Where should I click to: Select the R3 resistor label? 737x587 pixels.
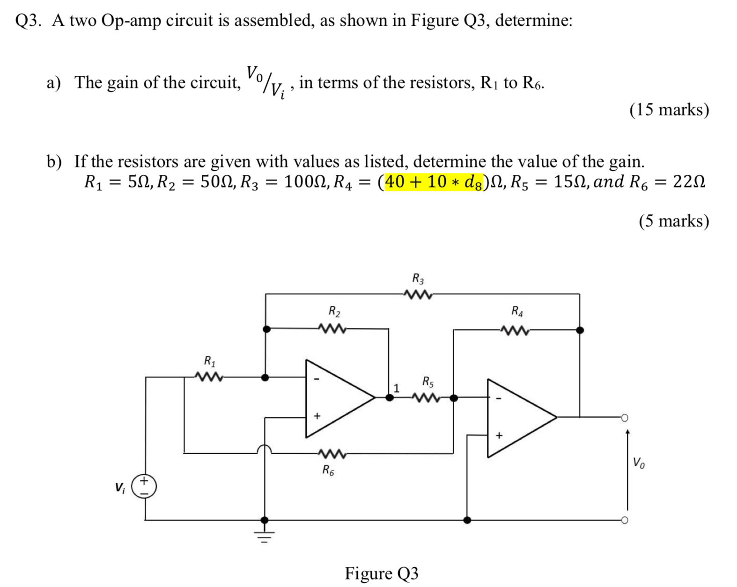click(x=418, y=279)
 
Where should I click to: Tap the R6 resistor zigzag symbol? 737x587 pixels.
click(x=332, y=454)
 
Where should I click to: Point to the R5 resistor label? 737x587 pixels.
click(x=428, y=382)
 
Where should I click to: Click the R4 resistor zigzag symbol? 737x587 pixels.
click(x=515, y=331)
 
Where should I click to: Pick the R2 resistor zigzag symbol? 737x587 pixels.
click(x=332, y=329)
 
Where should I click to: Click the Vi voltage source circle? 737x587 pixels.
click(x=144, y=486)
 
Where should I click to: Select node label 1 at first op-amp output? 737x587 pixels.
click(x=397, y=388)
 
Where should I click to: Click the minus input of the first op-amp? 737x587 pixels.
click(x=317, y=379)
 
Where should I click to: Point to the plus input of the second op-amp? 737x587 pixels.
click(x=499, y=435)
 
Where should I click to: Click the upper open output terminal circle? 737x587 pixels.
click(x=624, y=418)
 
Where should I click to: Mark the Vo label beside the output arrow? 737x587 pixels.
click(x=639, y=463)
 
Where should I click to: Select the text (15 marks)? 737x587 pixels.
click(x=669, y=110)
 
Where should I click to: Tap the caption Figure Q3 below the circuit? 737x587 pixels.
click(x=381, y=573)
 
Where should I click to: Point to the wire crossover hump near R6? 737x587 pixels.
click(x=265, y=449)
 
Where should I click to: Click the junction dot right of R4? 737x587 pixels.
click(x=580, y=330)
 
